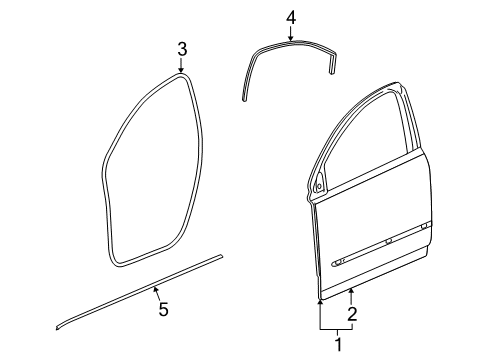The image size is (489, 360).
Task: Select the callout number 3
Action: click(182, 49)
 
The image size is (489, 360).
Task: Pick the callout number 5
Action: click(163, 310)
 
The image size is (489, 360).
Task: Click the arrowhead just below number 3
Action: click(182, 70)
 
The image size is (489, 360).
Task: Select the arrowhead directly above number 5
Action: click(156, 290)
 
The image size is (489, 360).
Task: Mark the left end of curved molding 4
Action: click(244, 96)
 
